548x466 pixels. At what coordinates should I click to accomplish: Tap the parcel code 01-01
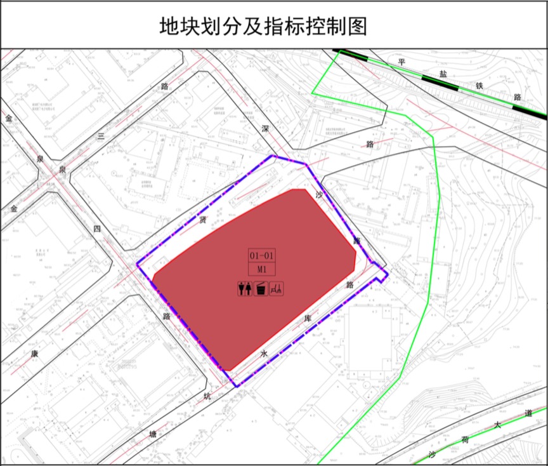(261, 255)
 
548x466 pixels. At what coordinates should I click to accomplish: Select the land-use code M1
(261, 269)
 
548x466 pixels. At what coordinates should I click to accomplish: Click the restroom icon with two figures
(244, 289)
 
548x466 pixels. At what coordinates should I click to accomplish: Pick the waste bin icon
(260, 289)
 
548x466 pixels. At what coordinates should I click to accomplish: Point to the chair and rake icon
(277, 289)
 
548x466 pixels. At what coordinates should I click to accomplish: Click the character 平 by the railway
(401, 62)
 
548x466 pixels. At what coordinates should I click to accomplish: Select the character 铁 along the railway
(480, 86)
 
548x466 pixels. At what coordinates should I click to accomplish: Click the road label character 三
(100, 136)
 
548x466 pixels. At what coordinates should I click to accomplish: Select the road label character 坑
(207, 397)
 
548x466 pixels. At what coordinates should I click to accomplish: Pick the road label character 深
(265, 129)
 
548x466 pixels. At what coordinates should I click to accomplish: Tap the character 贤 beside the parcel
(202, 220)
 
